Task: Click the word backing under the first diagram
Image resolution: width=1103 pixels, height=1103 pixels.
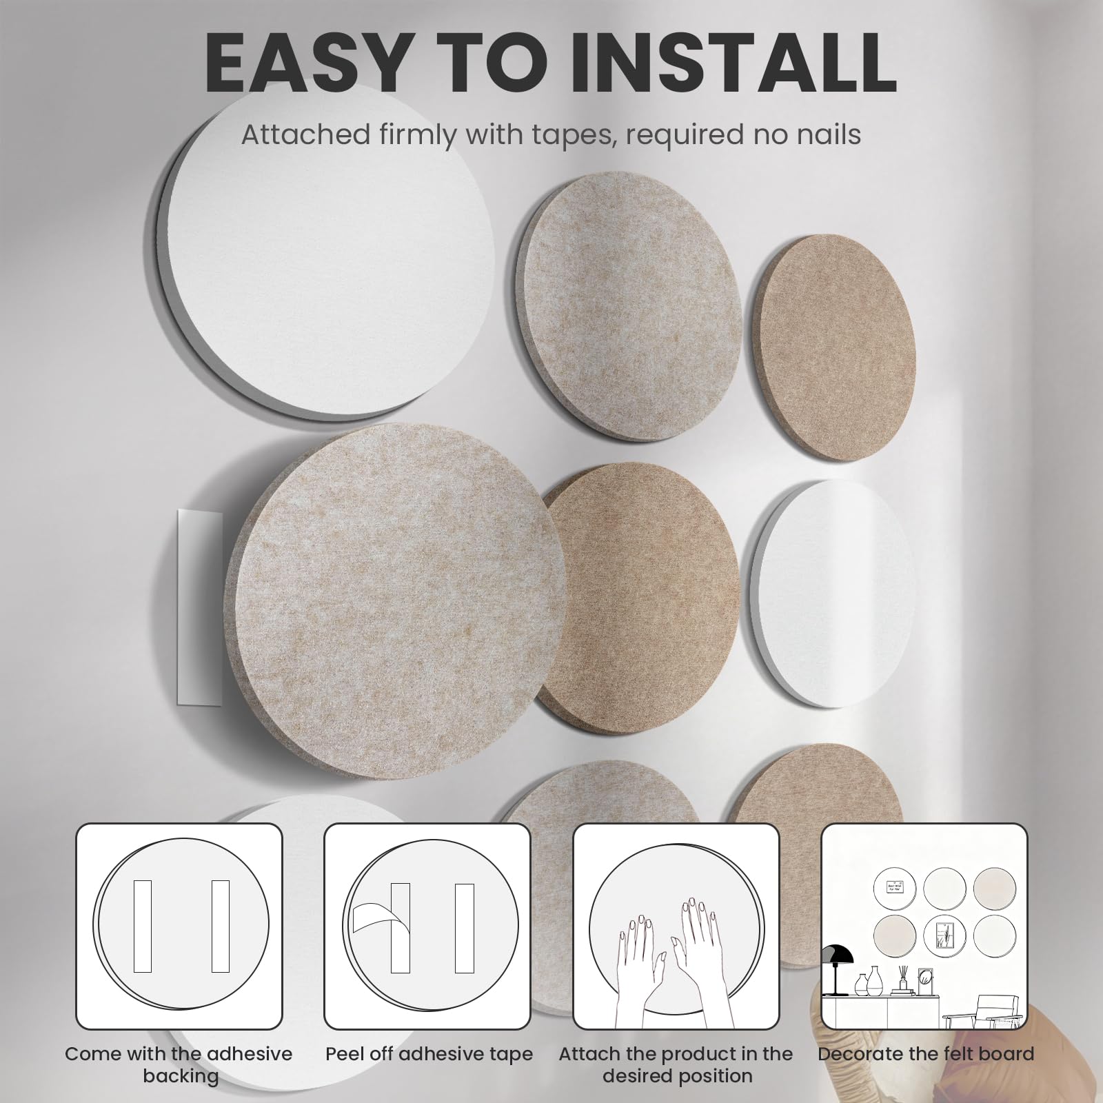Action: (181, 1076)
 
